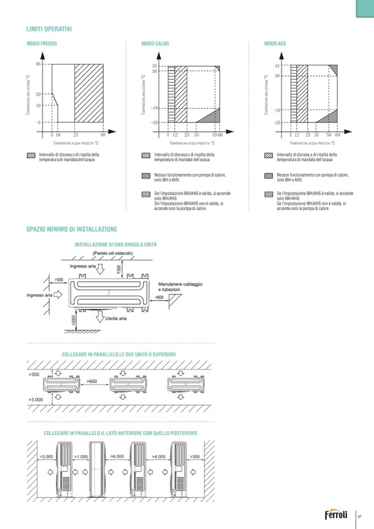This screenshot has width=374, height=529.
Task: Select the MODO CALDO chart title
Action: pos(155,44)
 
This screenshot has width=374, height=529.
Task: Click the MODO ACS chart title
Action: pos(275,44)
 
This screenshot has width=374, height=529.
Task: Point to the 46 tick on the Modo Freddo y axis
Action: pos(38,65)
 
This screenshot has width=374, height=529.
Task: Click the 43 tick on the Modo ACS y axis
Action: pos(277,66)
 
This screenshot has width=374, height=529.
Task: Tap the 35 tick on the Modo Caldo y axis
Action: pos(154,66)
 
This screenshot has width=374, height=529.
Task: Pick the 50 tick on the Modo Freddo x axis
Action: pos(103,135)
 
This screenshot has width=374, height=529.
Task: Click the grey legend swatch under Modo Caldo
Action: pos(146,175)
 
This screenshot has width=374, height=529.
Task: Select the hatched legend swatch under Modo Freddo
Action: pos(31,156)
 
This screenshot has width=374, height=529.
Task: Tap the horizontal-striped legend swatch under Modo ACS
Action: pos(269,194)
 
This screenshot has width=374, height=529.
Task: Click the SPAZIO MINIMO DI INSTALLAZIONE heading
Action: pos(72,229)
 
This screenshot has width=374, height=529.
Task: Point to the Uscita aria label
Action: pos(116,318)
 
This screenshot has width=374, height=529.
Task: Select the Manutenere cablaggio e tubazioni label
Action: pos(180,286)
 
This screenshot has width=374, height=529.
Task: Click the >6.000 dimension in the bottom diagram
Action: pos(116,457)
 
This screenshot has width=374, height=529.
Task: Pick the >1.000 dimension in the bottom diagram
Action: pos(81,457)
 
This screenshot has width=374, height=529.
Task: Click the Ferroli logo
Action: pos(336,516)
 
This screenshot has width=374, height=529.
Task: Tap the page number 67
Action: pos(360,516)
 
